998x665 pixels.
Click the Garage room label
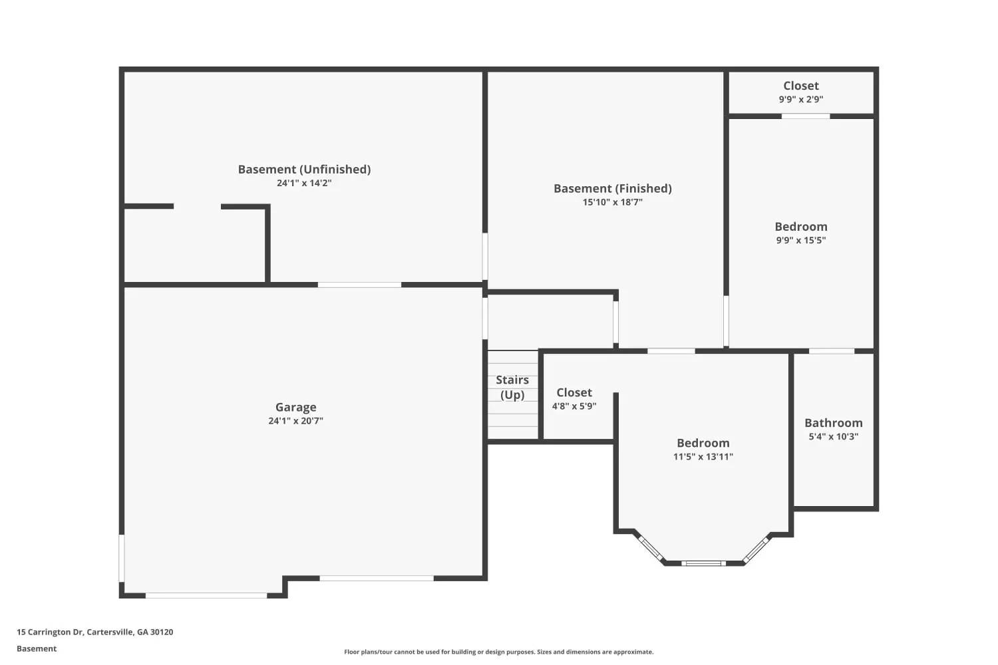pyautogui.click(x=295, y=407)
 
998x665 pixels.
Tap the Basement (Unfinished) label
pyautogui.click(x=304, y=170)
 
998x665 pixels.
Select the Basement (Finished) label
pyautogui.click(x=613, y=188)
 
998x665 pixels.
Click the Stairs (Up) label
pyautogui.click(x=512, y=387)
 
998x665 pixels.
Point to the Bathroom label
pyautogui.click(x=833, y=423)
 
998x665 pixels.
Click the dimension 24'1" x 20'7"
pyautogui.click(x=295, y=421)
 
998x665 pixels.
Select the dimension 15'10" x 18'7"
pyautogui.click(x=613, y=202)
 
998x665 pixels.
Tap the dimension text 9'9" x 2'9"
pyautogui.click(x=800, y=99)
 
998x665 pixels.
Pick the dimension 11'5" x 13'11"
pyautogui.click(x=703, y=457)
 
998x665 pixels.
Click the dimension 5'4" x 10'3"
pyautogui.click(x=833, y=436)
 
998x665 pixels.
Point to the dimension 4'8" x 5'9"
pyautogui.click(x=574, y=406)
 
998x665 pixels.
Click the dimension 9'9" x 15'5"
pyautogui.click(x=800, y=241)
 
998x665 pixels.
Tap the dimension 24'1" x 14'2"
pyautogui.click(x=304, y=183)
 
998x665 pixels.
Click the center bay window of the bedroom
pyautogui.click(x=703, y=563)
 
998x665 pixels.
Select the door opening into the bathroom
pyautogui.click(x=832, y=351)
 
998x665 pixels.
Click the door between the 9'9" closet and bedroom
pyautogui.click(x=806, y=116)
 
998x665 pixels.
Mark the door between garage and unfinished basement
pyautogui.click(x=359, y=285)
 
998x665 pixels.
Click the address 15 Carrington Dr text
pyautogui.click(x=50, y=632)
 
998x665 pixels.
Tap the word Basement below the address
pyautogui.click(x=37, y=648)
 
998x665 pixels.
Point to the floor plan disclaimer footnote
pyautogui.click(x=498, y=652)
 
